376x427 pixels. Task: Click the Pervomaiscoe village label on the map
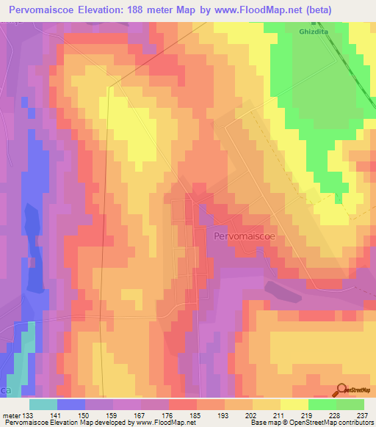click(245, 237)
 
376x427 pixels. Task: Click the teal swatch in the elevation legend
click(43, 404)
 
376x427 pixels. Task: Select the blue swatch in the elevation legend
click(70, 404)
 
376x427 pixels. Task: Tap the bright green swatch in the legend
click(322, 404)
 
